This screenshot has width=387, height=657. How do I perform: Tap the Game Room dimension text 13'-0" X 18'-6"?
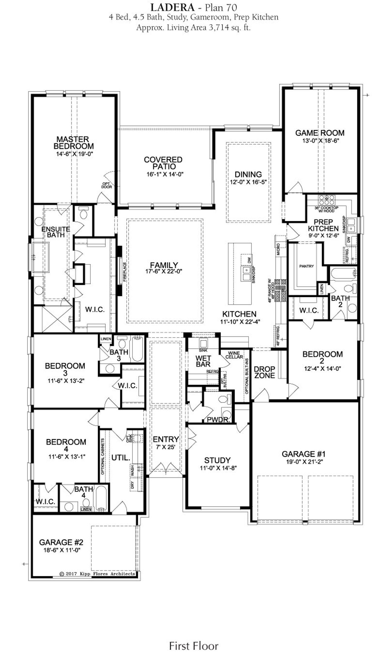pos(320,141)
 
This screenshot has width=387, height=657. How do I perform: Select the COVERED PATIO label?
pos(163,163)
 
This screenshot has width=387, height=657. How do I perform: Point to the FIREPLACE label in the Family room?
pos(124,272)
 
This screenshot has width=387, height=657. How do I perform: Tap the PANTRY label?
pos(306,266)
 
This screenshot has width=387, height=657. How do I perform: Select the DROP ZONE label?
pos(265,372)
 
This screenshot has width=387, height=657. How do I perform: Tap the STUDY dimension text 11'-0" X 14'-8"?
pos(217,468)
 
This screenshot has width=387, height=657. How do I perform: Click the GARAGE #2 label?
pos(61,542)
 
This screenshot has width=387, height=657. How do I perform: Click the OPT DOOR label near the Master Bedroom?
pos(106,185)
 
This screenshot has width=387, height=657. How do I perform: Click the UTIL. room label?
pos(121,458)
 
